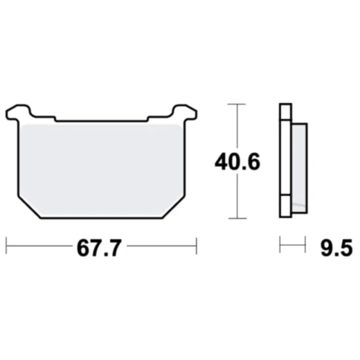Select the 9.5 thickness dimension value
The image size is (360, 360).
pyautogui.click(x=331, y=249)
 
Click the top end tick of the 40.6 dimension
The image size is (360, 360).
pyautogui.click(x=237, y=105)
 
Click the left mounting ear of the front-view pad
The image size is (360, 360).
pyautogui.click(x=19, y=111)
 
